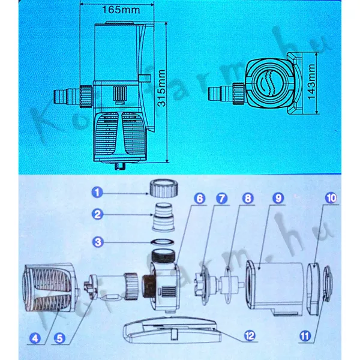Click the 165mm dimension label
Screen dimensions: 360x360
click(x=121, y=10)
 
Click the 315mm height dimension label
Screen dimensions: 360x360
click(x=161, y=88)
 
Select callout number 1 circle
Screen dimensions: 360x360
click(x=97, y=193)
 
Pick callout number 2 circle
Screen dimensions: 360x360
click(x=98, y=214)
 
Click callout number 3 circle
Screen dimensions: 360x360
click(x=98, y=242)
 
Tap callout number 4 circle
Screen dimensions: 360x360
click(x=35, y=338)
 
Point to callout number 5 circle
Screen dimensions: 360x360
click(x=59, y=338)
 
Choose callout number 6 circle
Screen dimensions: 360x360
click(x=200, y=199)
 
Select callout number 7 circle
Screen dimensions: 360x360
click(x=222, y=199)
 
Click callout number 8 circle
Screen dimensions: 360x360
click(x=248, y=198)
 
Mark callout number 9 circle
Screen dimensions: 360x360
click(x=278, y=198)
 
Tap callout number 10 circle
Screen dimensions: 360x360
click(x=331, y=198)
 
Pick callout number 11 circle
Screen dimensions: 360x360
click(x=305, y=337)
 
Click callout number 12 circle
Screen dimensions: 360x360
click(x=250, y=335)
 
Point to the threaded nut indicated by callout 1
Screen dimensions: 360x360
click(x=164, y=188)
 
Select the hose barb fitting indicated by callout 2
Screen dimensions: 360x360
click(x=163, y=217)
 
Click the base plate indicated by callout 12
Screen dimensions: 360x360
click(x=172, y=330)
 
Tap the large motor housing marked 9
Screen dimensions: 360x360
click(x=275, y=287)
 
